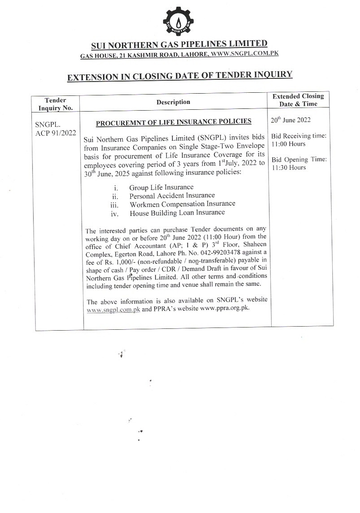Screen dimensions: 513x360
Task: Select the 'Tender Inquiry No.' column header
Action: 56,104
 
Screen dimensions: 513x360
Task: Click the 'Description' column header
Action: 173,102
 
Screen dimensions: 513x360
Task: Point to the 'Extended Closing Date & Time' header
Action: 298,100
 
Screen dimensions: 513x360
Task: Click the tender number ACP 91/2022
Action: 56,133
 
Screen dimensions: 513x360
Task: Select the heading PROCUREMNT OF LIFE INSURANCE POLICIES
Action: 173,121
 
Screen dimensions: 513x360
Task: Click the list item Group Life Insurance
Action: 161,187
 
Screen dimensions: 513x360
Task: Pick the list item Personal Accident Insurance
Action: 172,195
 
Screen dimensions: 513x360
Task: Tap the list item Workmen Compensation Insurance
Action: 182,204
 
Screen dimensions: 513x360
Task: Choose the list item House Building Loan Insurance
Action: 177,213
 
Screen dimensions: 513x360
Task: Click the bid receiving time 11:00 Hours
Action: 288,144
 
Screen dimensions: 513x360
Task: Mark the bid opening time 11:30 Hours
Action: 288,168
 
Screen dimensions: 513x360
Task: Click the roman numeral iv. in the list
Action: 115,213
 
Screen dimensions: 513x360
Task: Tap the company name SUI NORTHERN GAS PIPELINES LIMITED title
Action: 179,44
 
